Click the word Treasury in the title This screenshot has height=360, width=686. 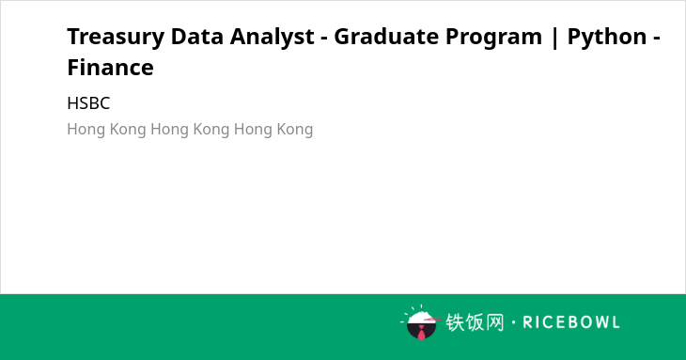[116, 38]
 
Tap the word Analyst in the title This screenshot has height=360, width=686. [273, 38]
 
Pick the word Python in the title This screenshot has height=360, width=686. [607, 38]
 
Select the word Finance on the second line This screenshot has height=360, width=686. [110, 68]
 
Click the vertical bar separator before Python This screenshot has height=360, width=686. [554, 38]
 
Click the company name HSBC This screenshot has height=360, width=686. [88, 103]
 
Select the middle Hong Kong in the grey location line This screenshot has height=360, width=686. [190, 130]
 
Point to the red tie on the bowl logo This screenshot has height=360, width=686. [421, 334]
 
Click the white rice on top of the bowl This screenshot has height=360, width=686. [420, 317]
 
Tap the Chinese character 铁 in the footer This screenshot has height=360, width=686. [455, 322]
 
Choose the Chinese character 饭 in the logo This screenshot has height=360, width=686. [475, 322]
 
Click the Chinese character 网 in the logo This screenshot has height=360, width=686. [495, 322]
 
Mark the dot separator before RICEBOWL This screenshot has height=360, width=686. [513, 322]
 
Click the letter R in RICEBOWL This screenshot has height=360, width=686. [527, 322]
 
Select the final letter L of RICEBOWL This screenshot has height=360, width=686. [616, 322]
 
